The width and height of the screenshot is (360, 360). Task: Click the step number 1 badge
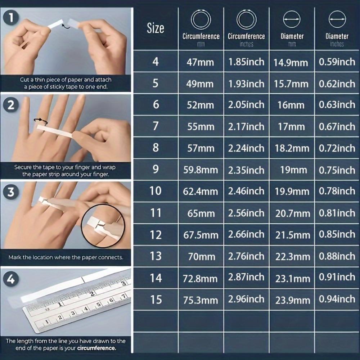(x=11, y=18)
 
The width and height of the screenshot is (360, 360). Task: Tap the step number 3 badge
(x=11, y=192)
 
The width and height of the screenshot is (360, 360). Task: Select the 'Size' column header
(x=156, y=28)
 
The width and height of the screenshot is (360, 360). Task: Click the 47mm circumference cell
(x=200, y=62)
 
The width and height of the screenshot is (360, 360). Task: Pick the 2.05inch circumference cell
(x=246, y=105)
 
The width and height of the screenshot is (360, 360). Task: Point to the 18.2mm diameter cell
(x=292, y=148)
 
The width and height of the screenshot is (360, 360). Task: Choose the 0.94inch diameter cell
(x=337, y=299)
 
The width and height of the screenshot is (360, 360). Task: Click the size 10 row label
(x=156, y=191)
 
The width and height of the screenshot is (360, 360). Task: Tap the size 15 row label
(x=156, y=300)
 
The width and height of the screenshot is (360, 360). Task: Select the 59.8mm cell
(x=201, y=170)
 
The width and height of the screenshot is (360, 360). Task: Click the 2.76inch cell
(x=246, y=256)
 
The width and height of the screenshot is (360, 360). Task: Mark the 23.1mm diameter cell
(x=292, y=279)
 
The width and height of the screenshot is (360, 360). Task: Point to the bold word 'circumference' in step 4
(x=96, y=348)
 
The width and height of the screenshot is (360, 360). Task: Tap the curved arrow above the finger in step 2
(x=41, y=121)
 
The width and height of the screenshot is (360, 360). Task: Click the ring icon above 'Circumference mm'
(x=201, y=19)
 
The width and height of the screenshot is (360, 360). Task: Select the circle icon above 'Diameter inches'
(x=337, y=19)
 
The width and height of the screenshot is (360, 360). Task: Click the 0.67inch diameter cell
(x=337, y=126)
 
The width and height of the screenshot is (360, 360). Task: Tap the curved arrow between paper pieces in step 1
(x=66, y=26)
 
